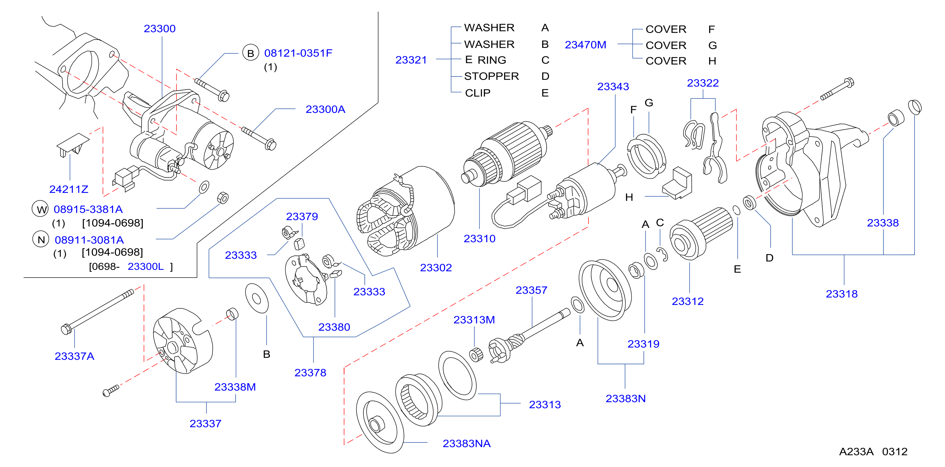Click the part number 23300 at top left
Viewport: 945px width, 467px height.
click(x=160, y=29)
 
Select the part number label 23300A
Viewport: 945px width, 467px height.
click(x=325, y=109)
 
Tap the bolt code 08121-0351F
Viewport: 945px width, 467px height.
click(x=298, y=53)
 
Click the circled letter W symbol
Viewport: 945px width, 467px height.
click(x=40, y=209)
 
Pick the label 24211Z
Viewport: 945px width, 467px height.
click(x=69, y=189)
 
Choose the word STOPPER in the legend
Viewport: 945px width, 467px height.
click(x=492, y=76)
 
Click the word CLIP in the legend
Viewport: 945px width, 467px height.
click(x=478, y=93)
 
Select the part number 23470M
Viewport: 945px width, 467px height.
click(x=586, y=45)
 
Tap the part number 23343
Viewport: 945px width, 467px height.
click(x=613, y=87)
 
